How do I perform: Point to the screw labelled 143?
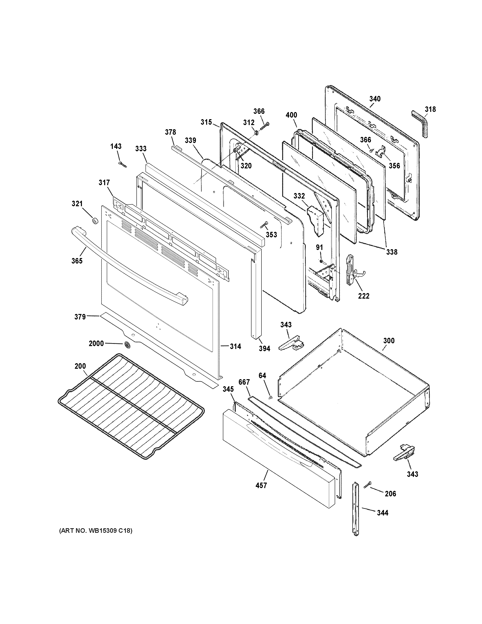[x=122, y=164]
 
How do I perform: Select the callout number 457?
[x=261, y=485]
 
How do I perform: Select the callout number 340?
[x=375, y=99]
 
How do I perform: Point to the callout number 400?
[x=291, y=115]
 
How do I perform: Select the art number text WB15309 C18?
[x=96, y=531]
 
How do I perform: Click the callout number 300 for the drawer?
[x=389, y=341]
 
